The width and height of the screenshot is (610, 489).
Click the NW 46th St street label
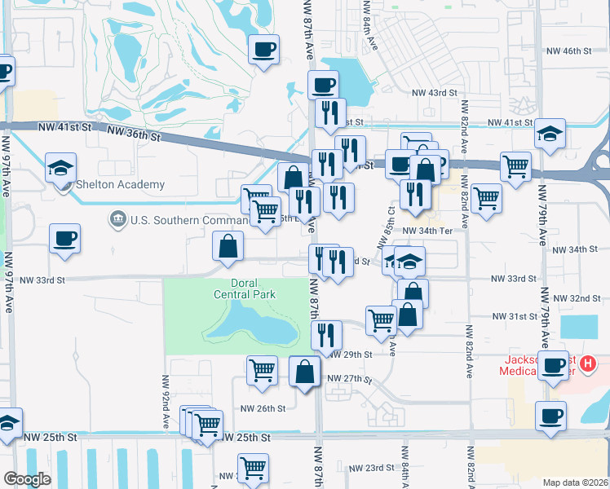click(568, 51)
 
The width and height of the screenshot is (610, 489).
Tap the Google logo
click(28, 479)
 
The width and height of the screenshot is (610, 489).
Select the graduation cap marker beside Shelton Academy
click(61, 168)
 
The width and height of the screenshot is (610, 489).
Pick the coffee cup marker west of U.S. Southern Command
click(64, 239)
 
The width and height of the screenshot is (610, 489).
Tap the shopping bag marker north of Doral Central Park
click(228, 246)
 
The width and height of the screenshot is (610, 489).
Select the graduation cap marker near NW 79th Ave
click(550, 133)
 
